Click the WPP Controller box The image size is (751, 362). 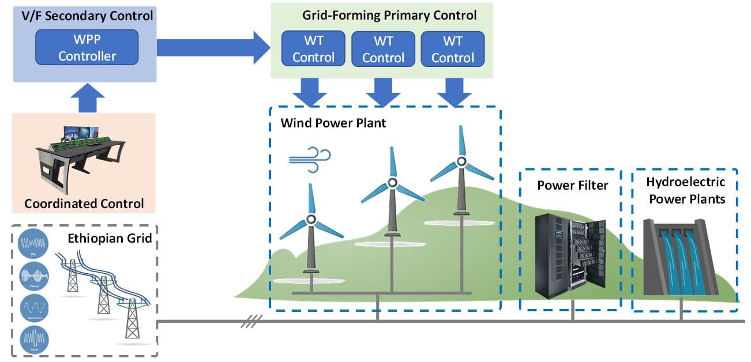click(87, 47)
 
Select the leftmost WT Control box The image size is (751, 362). click(313, 49)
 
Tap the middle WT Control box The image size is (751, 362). click(383, 49)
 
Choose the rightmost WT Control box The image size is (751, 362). click(453, 49)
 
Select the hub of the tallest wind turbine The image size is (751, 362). click(460, 161)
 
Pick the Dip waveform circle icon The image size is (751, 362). click(32, 243)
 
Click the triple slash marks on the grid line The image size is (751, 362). click(251, 320)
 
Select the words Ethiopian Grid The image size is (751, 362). click(110, 238)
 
